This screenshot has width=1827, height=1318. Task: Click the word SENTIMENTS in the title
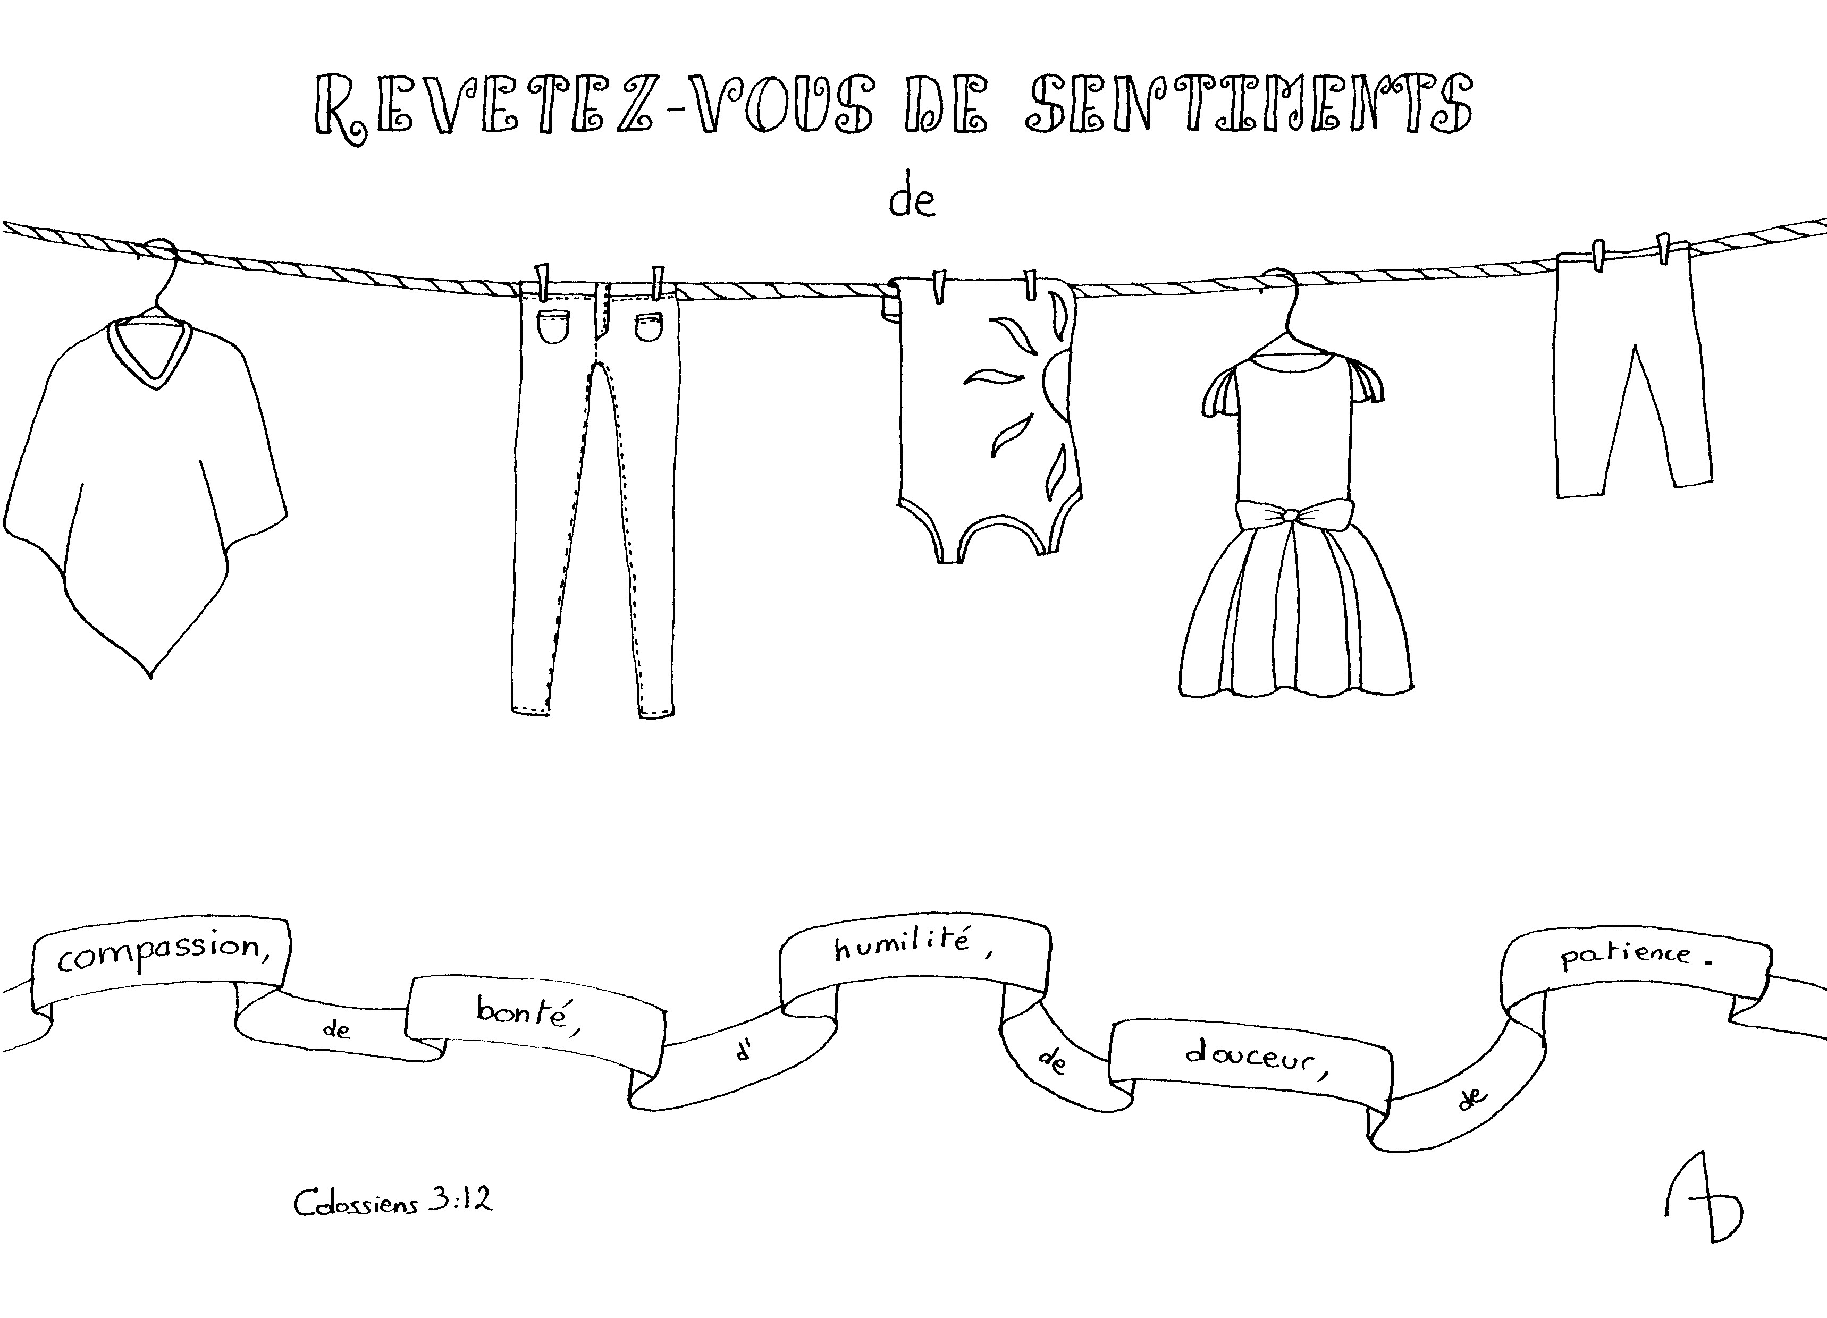1249,105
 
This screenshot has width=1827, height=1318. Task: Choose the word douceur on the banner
1251,1057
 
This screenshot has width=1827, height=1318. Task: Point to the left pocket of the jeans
553,327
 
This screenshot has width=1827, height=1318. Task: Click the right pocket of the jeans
649,327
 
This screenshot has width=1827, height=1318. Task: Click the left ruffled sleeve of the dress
1220,391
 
